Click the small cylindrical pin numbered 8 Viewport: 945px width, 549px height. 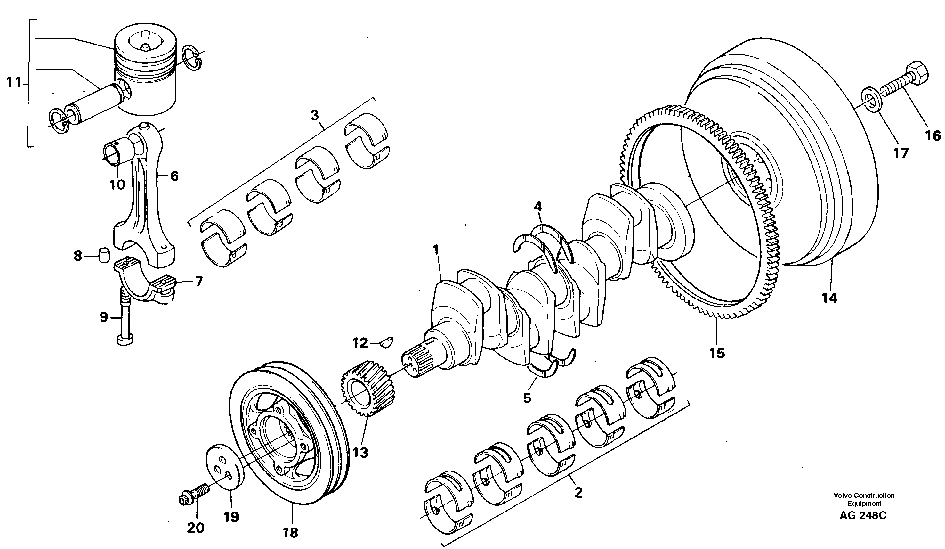coord(103,255)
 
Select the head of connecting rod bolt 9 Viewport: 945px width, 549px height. coord(125,340)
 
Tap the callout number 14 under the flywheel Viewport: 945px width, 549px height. coord(829,298)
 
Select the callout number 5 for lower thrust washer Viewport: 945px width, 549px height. coord(527,398)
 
